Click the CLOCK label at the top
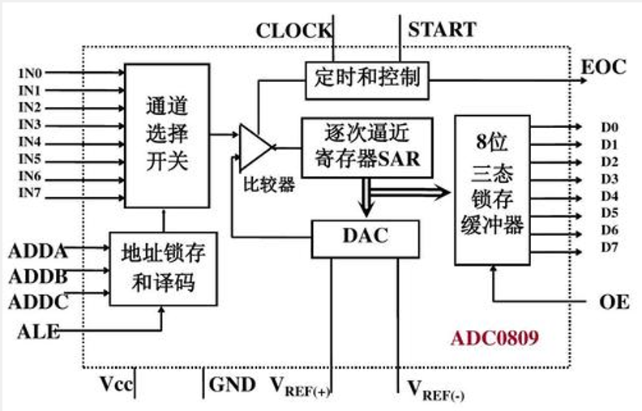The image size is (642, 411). (293, 31)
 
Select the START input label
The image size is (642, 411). (441, 30)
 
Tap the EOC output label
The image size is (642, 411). (603, 66)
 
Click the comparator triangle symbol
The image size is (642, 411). (256, 146)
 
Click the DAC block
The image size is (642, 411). (365, 237)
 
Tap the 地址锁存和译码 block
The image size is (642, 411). (164, 268)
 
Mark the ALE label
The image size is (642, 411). (37, 331)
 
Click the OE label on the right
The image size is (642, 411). (614, 302)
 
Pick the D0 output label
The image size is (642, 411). (610, 127)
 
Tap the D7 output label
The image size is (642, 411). (610, 247)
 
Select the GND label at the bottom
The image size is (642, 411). (233, 384)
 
